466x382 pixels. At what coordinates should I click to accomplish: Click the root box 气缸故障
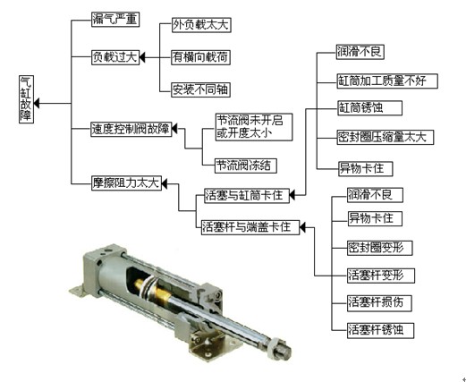tap(26, 99)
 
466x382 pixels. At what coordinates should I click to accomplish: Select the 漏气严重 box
tap(115, 20)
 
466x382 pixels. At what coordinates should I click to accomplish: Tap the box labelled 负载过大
tap(115, 57)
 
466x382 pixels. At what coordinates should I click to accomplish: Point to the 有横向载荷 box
tap(201, 57)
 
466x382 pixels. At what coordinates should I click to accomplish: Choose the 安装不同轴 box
tap(201, 89)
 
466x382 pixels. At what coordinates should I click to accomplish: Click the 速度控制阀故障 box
tap(131, 129)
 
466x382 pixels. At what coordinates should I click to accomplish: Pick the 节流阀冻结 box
tap(246, 166)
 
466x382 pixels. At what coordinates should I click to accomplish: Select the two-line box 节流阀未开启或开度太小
tap(254, 127)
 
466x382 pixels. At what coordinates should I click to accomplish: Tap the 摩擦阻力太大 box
tap(126, 183)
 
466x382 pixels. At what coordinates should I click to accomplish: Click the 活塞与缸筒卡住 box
tap(247, 196)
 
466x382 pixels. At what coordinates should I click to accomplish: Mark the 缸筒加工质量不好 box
tap(387, 81)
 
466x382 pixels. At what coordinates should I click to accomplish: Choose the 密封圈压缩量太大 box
tap(386, 137)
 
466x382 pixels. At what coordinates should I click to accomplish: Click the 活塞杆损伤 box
tap(379, 303)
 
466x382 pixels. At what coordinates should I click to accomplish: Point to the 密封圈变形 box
tap(380, 248)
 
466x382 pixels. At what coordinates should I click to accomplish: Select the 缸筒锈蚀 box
tap(369, 108)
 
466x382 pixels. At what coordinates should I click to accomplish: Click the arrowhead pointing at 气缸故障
tap(37, 104)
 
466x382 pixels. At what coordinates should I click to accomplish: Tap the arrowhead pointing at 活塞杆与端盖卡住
tap(302, 227)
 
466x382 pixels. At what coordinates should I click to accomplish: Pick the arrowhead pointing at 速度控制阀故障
tap(175, 129)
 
